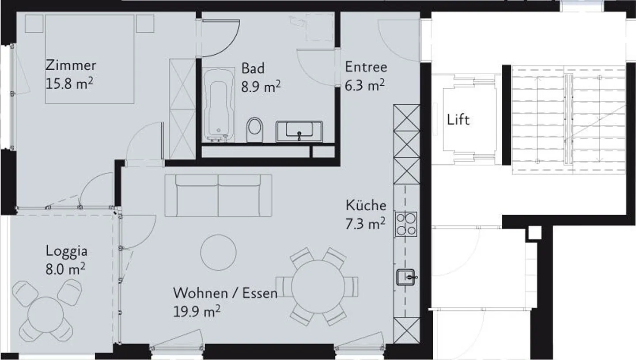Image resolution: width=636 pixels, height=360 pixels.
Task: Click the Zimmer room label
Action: [71, 66]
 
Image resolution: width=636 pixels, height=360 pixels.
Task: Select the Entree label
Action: [366, 67]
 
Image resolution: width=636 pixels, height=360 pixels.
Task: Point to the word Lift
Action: [458, 120]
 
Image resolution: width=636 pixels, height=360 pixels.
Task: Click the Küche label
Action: [366, 205]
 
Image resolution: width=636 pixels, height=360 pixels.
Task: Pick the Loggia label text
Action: [67, 251]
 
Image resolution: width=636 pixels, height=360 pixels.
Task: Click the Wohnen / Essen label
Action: [225, 293]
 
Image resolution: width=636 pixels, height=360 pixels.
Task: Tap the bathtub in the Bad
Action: [219, 105]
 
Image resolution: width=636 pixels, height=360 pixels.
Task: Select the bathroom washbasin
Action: [299, 131]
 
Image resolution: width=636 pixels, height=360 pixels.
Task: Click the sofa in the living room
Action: [218, 195]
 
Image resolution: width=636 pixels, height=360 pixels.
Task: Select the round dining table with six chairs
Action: [318, 286]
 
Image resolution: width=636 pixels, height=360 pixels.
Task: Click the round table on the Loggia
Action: [45, 315]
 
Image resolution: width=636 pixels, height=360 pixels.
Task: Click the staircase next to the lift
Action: [569, 119]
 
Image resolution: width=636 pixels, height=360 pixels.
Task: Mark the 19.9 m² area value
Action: [197, 312]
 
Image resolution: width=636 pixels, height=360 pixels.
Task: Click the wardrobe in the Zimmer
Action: [182, 108]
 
